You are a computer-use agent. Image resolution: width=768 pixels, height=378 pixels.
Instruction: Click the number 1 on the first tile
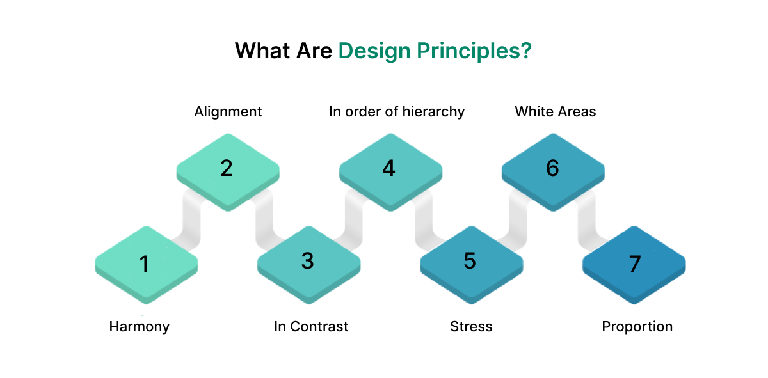[x=145, y=263]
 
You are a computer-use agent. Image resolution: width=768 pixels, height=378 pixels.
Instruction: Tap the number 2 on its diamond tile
[x=227, y=168]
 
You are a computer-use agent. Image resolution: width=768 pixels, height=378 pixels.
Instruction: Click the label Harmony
[x=140, y=326]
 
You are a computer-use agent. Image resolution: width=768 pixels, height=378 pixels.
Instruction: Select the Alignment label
[x=228, y=111]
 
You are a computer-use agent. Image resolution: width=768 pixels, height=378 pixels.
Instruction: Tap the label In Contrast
[x=311, y=326]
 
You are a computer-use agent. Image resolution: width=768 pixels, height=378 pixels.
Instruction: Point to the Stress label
[x=471, y=326]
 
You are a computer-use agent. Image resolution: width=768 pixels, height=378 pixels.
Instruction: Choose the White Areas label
[x=556, y=111]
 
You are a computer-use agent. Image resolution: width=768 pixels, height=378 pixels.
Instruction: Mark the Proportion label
[x=637, y=326]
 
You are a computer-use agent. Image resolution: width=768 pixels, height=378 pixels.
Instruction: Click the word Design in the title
[x=374, y=51]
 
